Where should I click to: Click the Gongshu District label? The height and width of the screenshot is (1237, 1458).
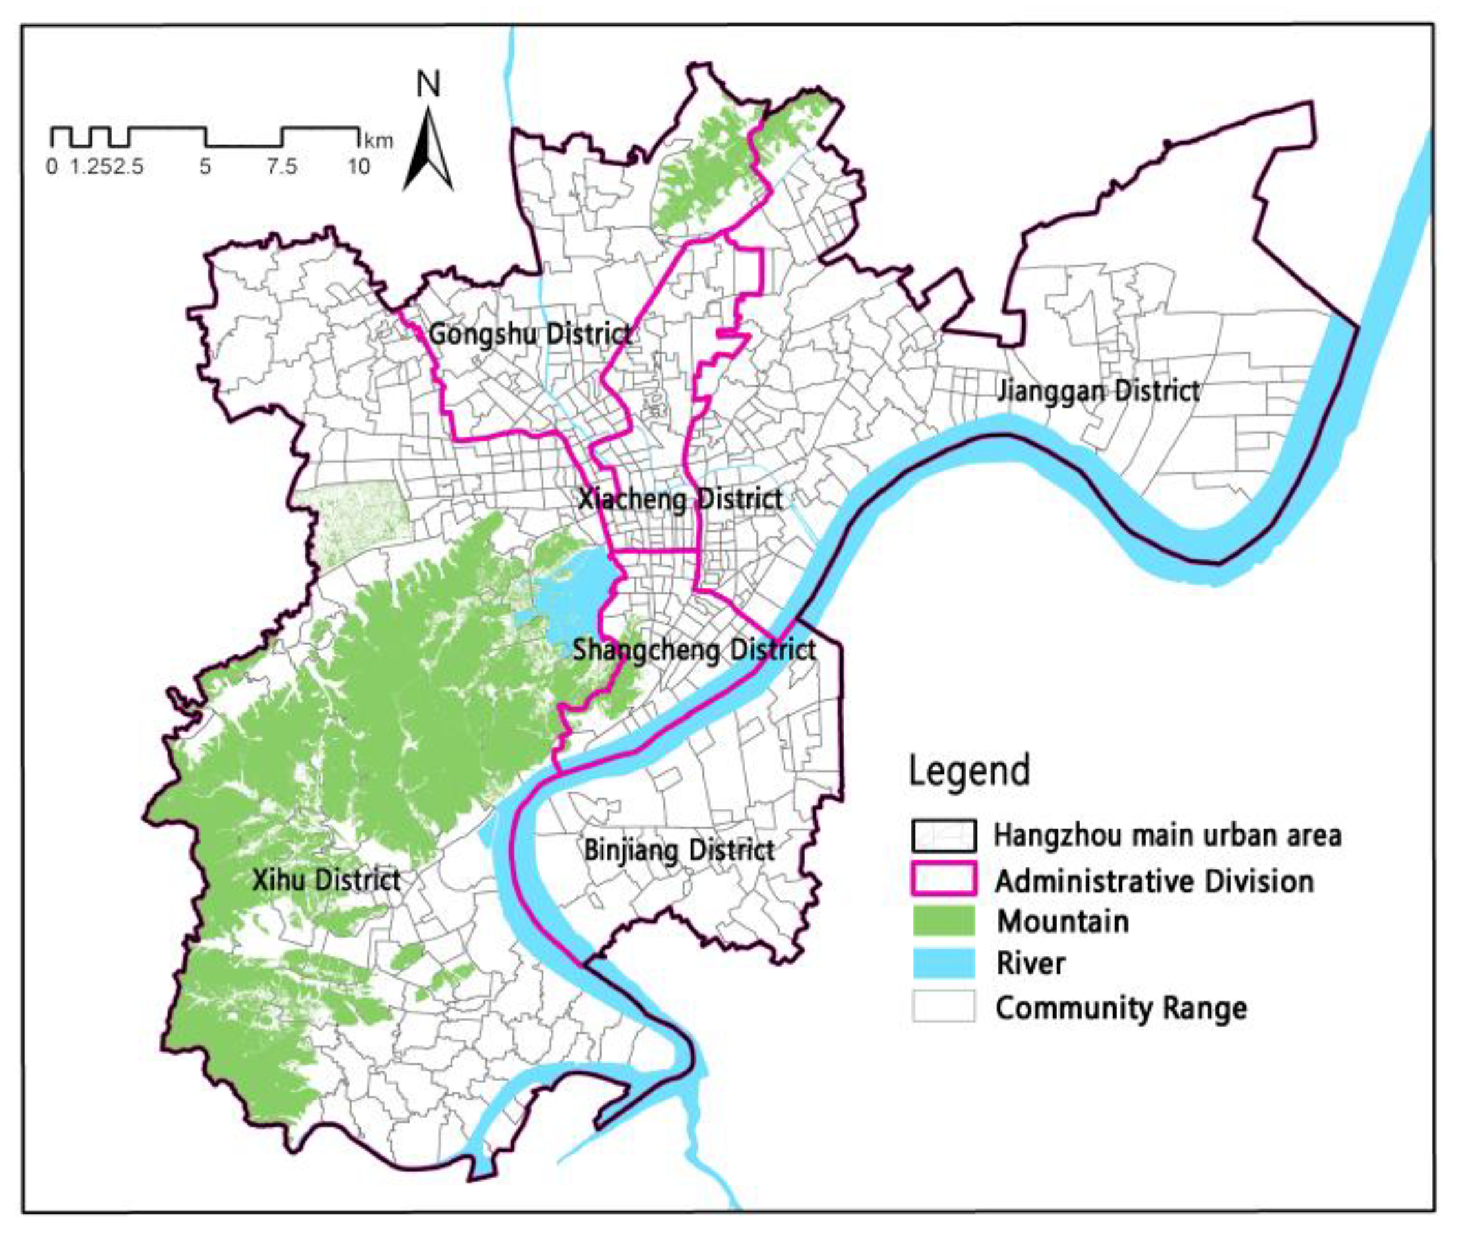click(x=529, y=334)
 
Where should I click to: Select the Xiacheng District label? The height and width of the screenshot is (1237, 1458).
click(x=680, y=499)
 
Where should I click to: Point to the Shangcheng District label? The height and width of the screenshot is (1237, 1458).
click(x=694, y=650)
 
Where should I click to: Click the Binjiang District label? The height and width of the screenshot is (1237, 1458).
click(x=679, y=850)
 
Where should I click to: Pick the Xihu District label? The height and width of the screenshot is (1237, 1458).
click(x=326, y=880)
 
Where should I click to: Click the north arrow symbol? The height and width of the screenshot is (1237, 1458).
click(x=428, y=151)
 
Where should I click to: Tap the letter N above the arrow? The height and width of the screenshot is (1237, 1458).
click(x=428, y=85)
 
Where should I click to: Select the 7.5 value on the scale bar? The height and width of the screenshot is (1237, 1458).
click(x=281, y=167)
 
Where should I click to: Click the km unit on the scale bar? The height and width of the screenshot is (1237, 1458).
click(x=379, y=140)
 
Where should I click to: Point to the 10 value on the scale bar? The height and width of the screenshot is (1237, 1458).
click(x=358, y=167)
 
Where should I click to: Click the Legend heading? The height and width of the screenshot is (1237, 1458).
click(x=969, y=770)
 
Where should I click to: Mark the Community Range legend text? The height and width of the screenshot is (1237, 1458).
click(x=1120, y=1009)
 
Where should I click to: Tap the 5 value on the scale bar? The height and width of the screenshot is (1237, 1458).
click(x=205, y=167)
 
